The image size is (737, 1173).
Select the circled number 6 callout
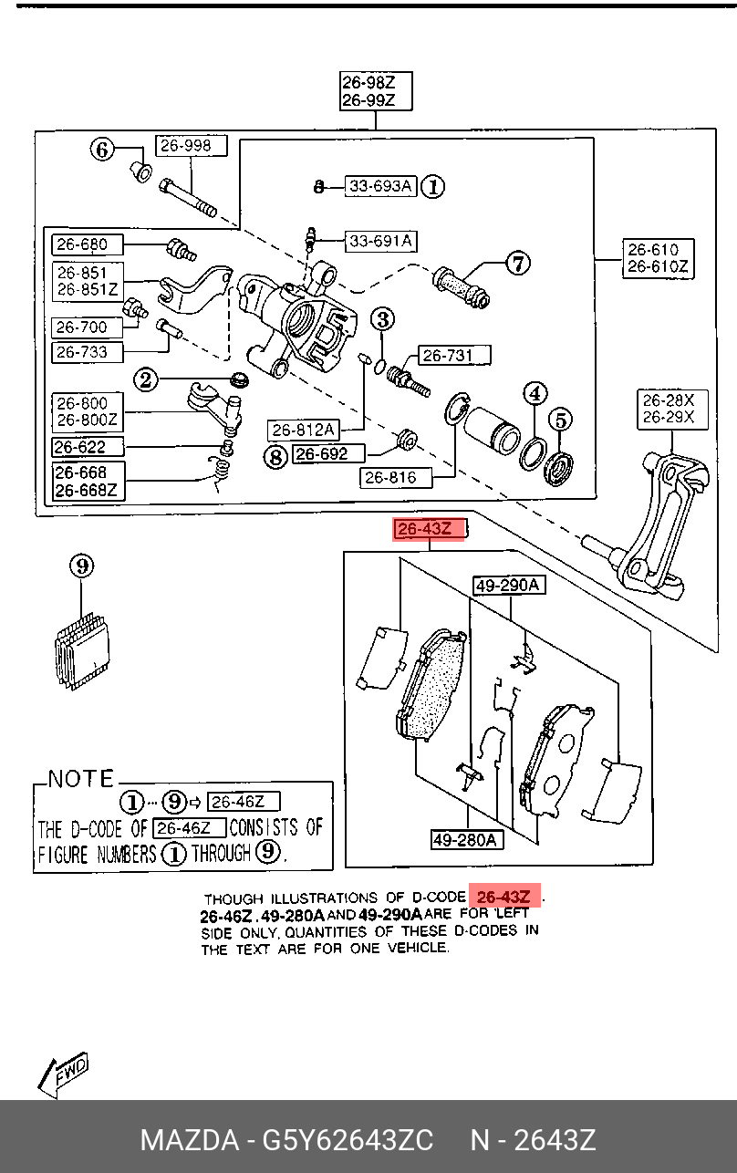click(103, 149)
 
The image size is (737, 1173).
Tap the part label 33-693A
click(380, 187)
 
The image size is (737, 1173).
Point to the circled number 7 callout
click(517, 264)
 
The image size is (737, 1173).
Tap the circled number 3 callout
click(383, 318)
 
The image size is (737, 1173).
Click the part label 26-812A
click(304, 429)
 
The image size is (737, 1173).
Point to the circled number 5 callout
click(559, 420)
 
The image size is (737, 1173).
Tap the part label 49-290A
click(508, 586)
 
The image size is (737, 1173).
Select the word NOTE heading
click(81, 779)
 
